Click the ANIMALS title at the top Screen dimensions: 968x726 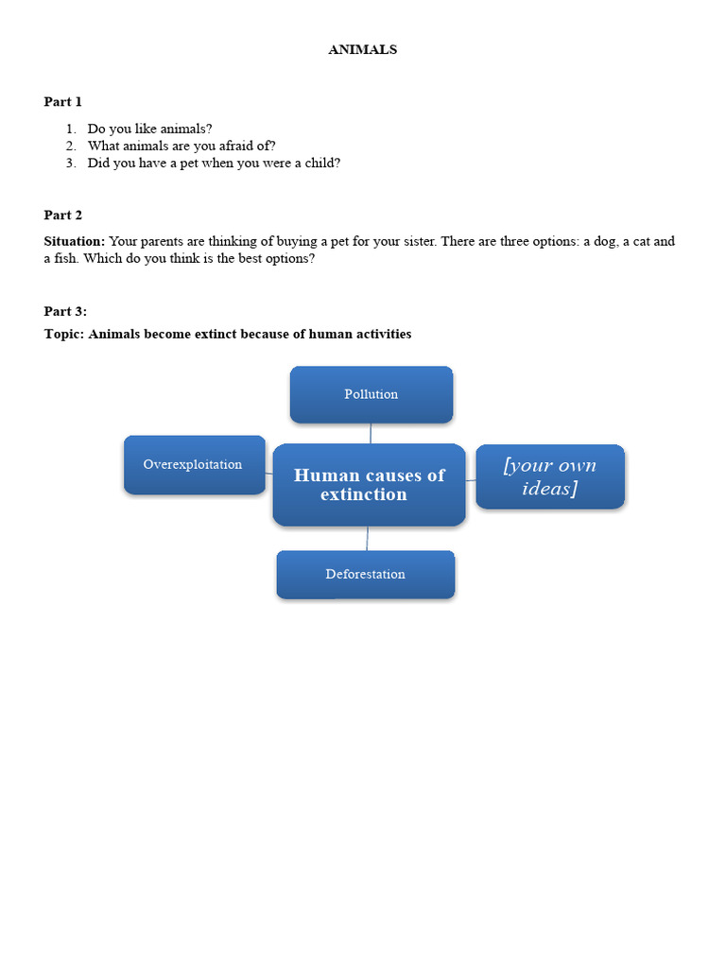coord(362,50)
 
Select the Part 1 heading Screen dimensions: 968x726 coord(63,101)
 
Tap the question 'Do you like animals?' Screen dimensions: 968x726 coord(150,129)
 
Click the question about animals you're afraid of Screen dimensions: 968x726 coord(181,146)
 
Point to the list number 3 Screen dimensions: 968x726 coord(70,163)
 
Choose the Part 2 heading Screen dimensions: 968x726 coord(63,215)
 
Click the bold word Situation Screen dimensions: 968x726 coord(74,241)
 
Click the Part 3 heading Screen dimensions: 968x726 coord(65,311)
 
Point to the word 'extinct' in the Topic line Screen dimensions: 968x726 coord(214,334)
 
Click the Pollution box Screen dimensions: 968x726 coord(372,394)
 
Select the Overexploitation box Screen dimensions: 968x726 coord(194,464)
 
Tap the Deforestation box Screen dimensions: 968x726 coord(366,574)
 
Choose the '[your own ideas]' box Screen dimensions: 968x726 coord(550,476)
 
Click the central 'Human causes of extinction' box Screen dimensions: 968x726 coord(369,484)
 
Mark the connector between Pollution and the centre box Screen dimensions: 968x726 coord(371,433)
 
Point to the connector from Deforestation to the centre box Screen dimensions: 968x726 coord(367,538)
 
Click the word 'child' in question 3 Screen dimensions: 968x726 coord(318,163)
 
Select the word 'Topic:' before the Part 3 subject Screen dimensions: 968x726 coord(63,334)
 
